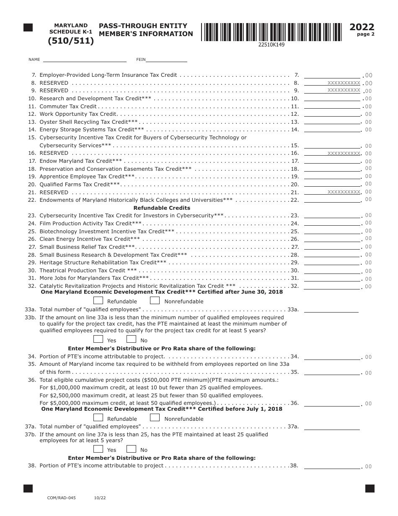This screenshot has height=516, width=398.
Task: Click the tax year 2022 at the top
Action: point(362,27)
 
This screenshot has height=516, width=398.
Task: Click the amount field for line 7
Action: point(332,75)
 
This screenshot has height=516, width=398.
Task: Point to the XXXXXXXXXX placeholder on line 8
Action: point(344,83)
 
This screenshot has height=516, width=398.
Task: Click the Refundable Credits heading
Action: point(162,208)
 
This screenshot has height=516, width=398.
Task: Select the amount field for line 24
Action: point(332,224)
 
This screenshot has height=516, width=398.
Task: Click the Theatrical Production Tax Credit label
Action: point(83,271)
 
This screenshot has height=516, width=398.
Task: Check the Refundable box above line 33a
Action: point(98,300)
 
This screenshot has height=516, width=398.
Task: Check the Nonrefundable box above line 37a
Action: point(155,418)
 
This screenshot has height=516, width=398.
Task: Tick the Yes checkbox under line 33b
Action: point(98,339)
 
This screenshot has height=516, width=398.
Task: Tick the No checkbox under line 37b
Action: point(131,449)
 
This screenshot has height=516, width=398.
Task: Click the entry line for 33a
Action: point(331,310)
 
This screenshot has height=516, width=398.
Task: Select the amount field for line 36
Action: point(332,403)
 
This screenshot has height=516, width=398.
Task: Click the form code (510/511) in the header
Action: point(71,41)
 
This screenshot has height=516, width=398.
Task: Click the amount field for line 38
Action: point(332,466)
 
